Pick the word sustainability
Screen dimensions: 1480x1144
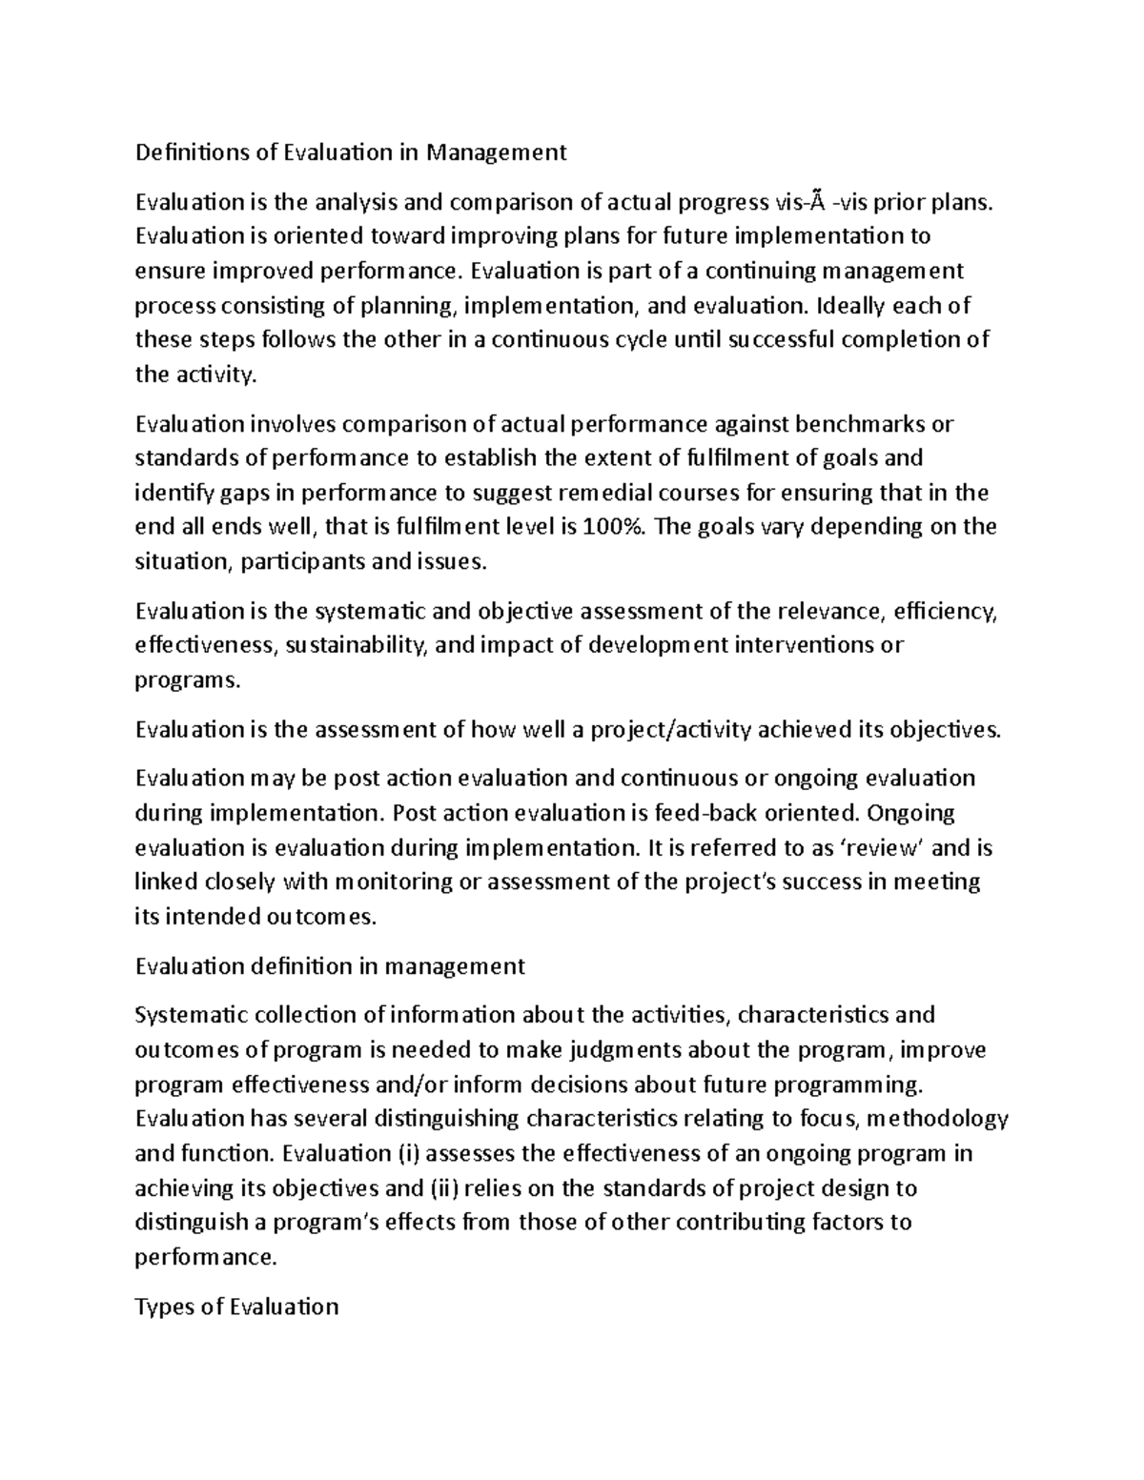tap(354, 645)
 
